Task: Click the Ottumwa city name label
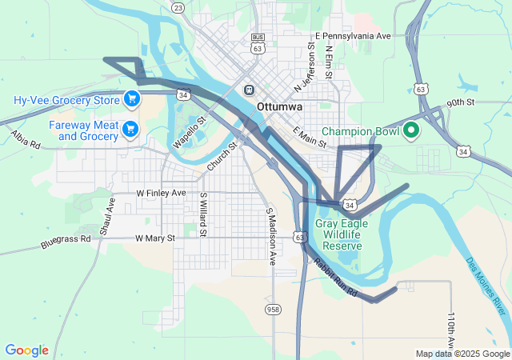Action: pyautogui.click(x=278, y=107)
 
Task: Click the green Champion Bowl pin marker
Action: pyautogui.click(x=411, y=130)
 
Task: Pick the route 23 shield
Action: pyautogui.click(x=178, y=7)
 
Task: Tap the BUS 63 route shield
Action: pyautogui.click(x=258, y=43)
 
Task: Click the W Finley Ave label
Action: pyautogui.click(x=161, y=194)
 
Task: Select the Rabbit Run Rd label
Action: pyautogui.click(x=335, y=275)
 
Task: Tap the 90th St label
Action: pyautogui.click(x=461, y=103)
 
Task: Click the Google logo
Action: pyautogui.click(x=26, y=350)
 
